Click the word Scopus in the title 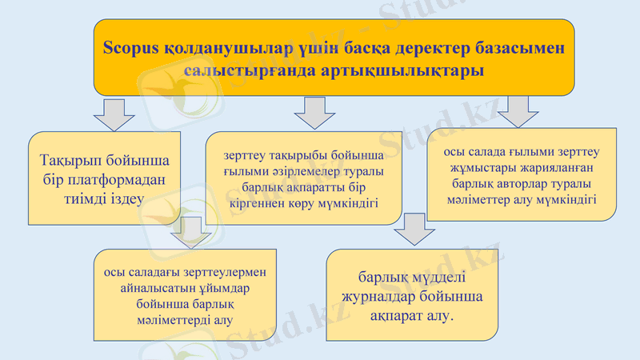pyautogui.click(x=131, y=47)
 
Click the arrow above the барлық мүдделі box pyautogui.click(x=414, y=229)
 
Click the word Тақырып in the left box pyautogui.click(x=70, y=160)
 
